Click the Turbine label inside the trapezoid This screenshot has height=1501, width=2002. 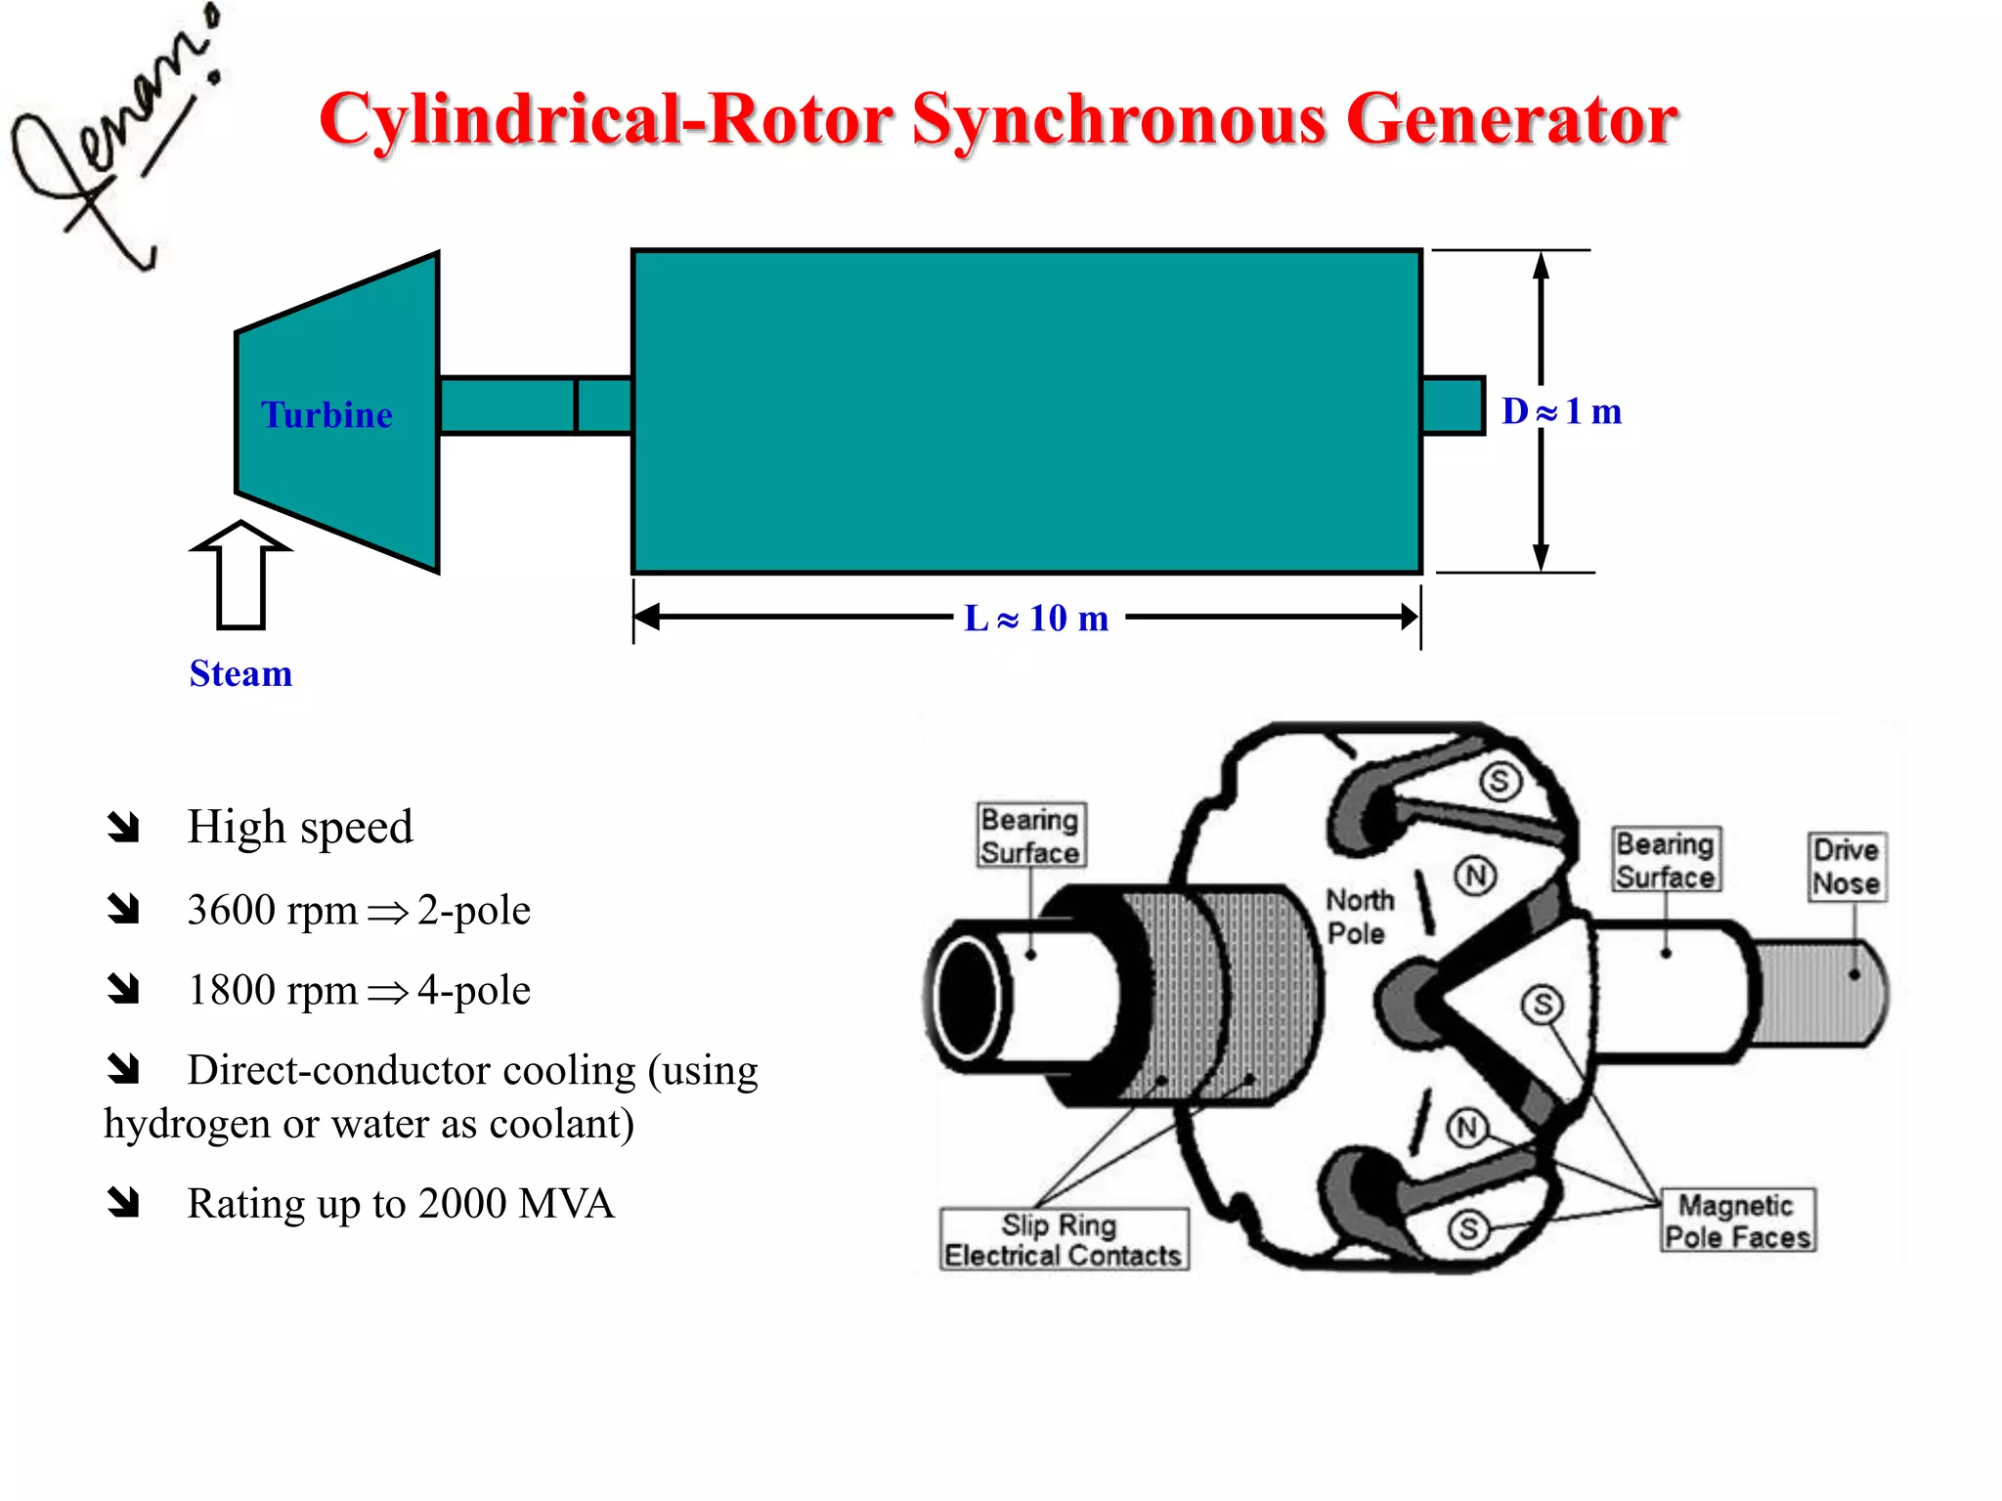click(x=326, y=415)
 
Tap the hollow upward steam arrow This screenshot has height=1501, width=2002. click(x=240, y=577)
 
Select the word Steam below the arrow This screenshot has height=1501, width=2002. click(x=240, y=673)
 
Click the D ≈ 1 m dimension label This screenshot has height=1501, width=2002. click(x=1561, y=411)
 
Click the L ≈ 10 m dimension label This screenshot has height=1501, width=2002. click(x=1036, y=618)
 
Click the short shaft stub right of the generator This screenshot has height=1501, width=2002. click(x=1453, y=405)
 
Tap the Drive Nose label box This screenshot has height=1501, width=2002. click(x=1846, y=866)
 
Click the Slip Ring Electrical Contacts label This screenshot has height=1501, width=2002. click(x=1064, y=1240)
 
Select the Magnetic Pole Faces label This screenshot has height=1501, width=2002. click(x=1737, y=1221)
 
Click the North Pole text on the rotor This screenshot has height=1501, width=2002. click(x=1358, y=916)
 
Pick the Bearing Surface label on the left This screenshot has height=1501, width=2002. click(x=1030, y=836)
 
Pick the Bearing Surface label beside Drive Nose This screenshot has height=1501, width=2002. click(x=1665, y=860)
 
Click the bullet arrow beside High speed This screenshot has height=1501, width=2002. click(x=124, y=827)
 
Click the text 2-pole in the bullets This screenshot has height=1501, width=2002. click(x=474, y=910)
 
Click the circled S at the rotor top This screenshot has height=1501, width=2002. click(x=1499, y=780)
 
